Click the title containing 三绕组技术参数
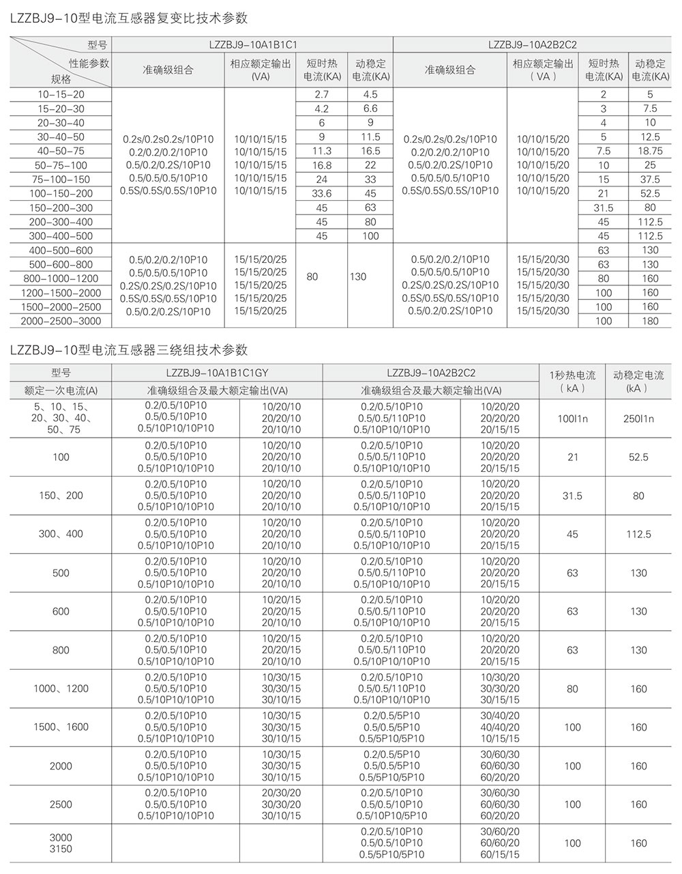click(x=130, y=350)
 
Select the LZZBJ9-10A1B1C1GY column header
click(x=216, y=373)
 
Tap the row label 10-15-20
click(x=61, y=94)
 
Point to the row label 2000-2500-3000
click(x=61, y=321)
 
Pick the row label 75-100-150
click(x=61, y=180)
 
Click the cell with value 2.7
click(x=321, y=94)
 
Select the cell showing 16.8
click(x=321, y=165)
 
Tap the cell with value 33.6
click(x=321, y=193)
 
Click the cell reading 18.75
click(x=650, y=151)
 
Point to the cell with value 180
click(x=650, y=321)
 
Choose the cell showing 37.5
click(x=650, y=180)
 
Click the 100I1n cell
click(x=572, y=419)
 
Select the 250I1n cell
click(x=638, y=419)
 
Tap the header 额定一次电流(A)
click(x=61, y=390)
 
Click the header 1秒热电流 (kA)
click(x=572, y=381)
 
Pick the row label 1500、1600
click(x=61, y=727)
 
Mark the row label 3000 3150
click(x=61, y=843)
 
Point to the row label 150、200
click(x=61, y=496)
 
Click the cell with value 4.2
click(x=321, y=109)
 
